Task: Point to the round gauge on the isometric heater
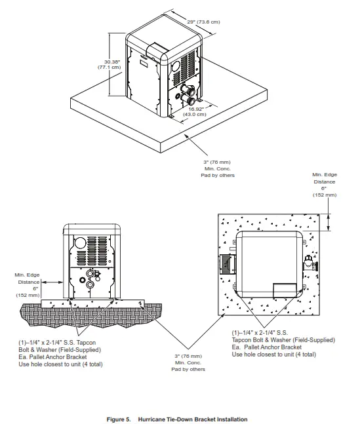(175, 67)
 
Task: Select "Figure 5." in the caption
(119, 419)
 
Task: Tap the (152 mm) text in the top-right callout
(325, 195)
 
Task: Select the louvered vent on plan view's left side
(226, 264)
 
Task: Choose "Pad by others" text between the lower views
(188, 370)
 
